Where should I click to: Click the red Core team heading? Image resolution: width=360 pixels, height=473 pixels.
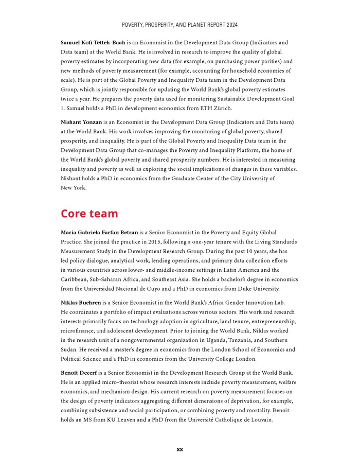tap(89, 214)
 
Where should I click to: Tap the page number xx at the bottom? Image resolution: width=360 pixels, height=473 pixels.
tap(179, 449)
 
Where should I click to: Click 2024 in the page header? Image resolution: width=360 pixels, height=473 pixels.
tap(231, 25)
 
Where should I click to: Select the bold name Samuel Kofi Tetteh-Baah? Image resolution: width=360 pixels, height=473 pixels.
tap(93, 43)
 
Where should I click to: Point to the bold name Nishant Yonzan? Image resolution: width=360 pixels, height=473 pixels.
tap(81, 122)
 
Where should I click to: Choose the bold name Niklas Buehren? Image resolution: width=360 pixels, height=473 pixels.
tap(81, 303)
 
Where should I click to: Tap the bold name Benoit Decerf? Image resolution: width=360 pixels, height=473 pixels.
tap(79, 373)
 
